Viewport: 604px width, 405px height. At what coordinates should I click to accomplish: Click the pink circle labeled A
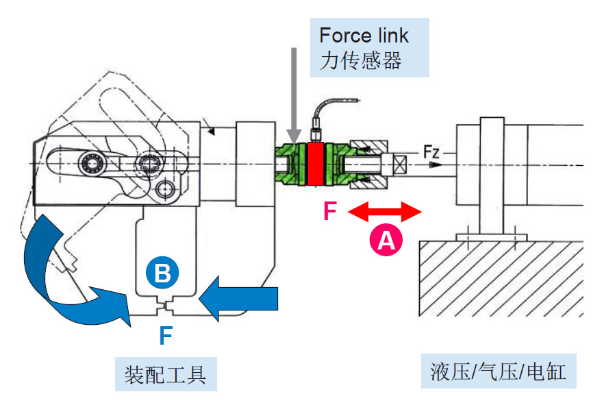click(x=386, y=241)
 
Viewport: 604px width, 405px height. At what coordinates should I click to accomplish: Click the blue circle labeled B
click(x=162, y=274)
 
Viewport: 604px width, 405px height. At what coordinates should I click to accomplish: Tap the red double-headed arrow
click(x=386, y=212)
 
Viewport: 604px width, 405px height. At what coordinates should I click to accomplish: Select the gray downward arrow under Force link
click(x=294, y=95)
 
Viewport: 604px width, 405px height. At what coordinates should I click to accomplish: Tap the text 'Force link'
click(x=364, y=35)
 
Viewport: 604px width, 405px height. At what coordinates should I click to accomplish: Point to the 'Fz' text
click(x=431, y=151)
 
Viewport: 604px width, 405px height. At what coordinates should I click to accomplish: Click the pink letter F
click(x=330, y=212)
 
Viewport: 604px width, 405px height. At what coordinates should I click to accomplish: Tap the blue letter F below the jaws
click(x=165, y=335)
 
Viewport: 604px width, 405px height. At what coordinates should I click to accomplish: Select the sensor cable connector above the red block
click(x=316, y=130)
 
